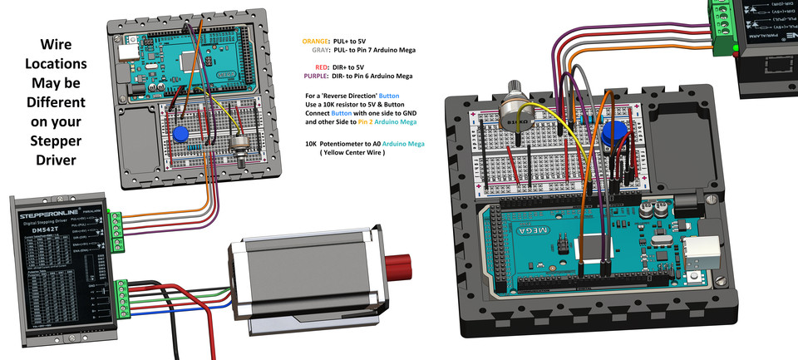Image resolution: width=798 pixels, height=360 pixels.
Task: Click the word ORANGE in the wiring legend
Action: (x=315, y=41)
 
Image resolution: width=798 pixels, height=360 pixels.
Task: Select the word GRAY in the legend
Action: (x=320, y=50)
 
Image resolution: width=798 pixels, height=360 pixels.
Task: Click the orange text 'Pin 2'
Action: (x=368, y=122)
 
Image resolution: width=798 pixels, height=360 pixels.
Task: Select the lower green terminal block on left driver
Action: (x=123, y=298)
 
